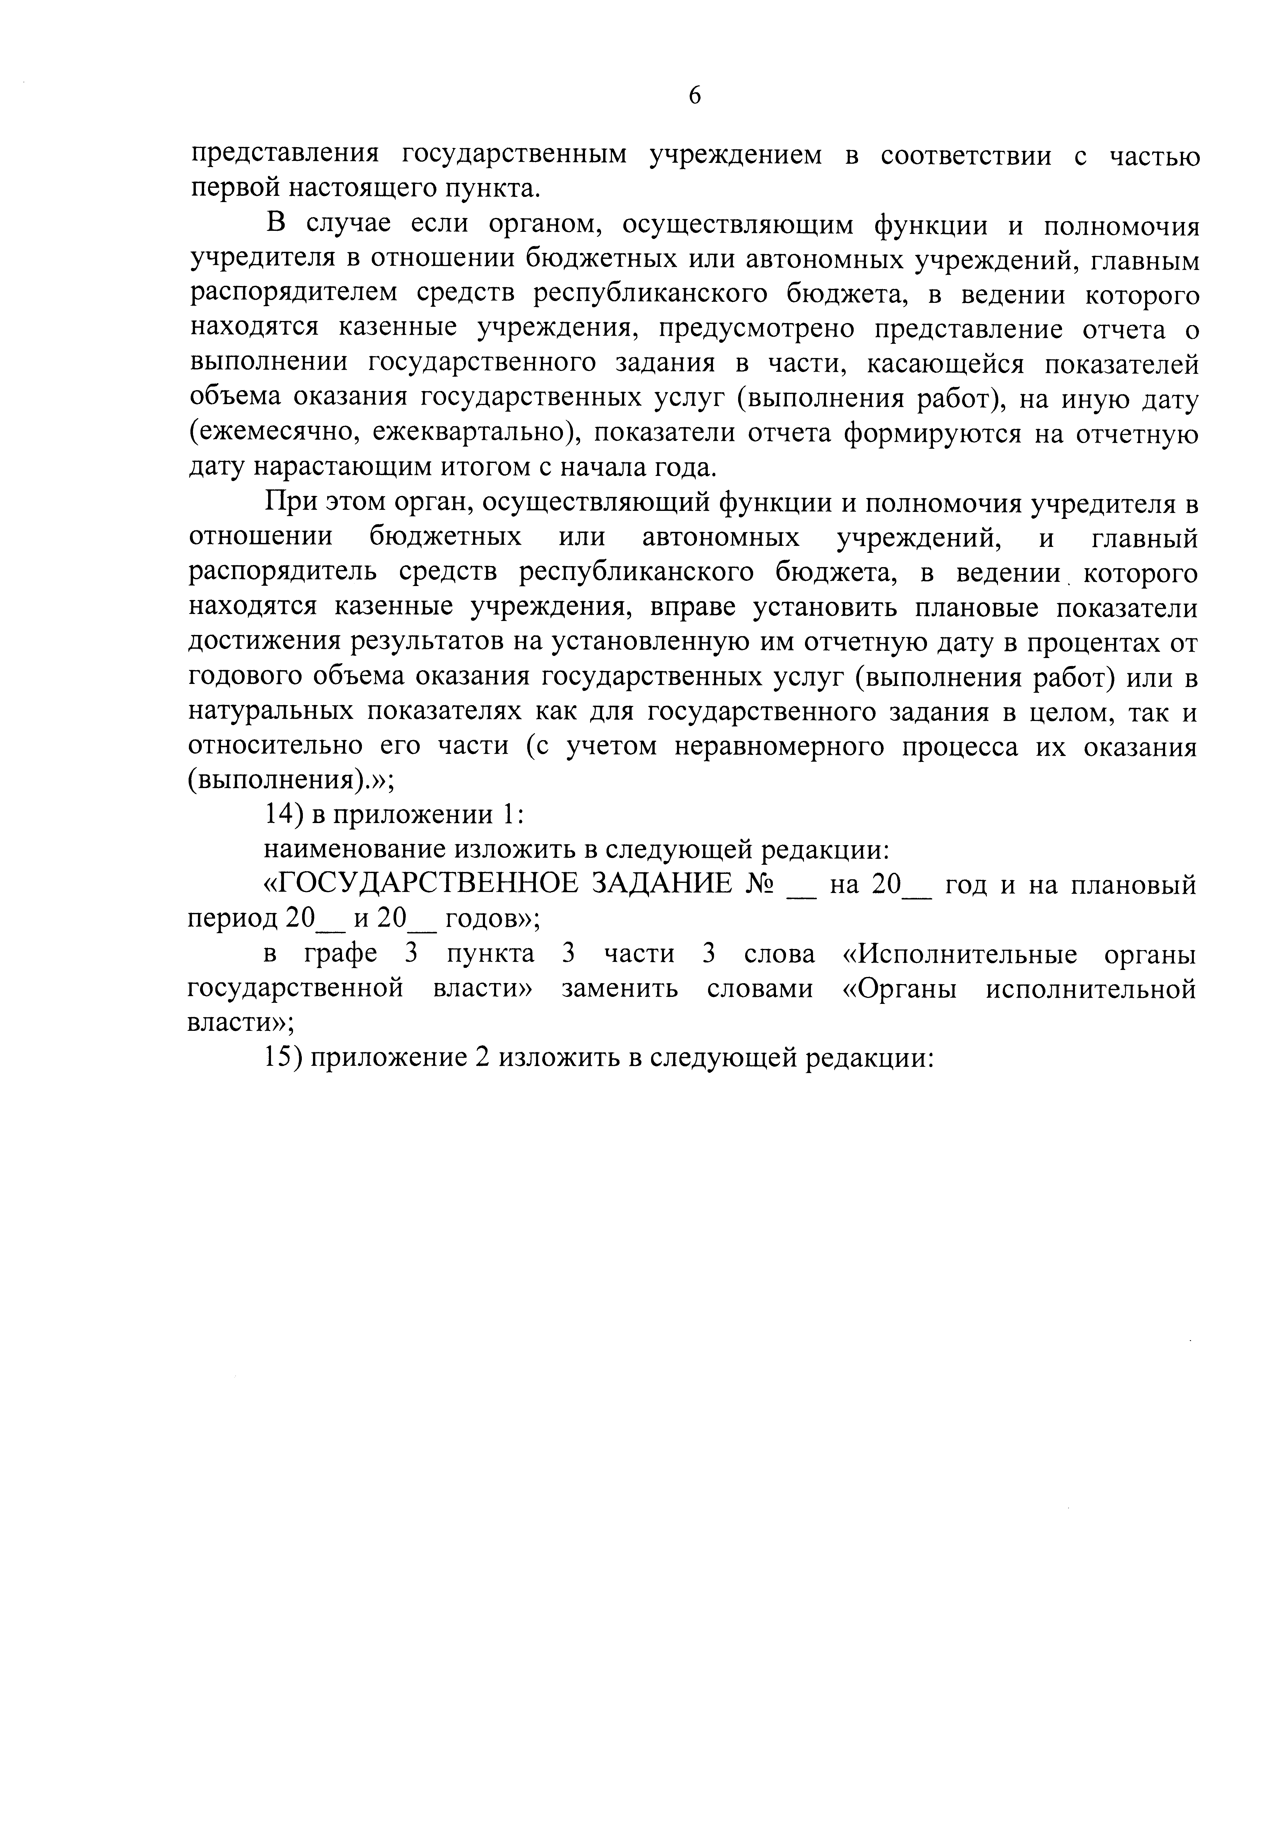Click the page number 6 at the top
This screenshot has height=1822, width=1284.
click(x=695, y=96)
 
